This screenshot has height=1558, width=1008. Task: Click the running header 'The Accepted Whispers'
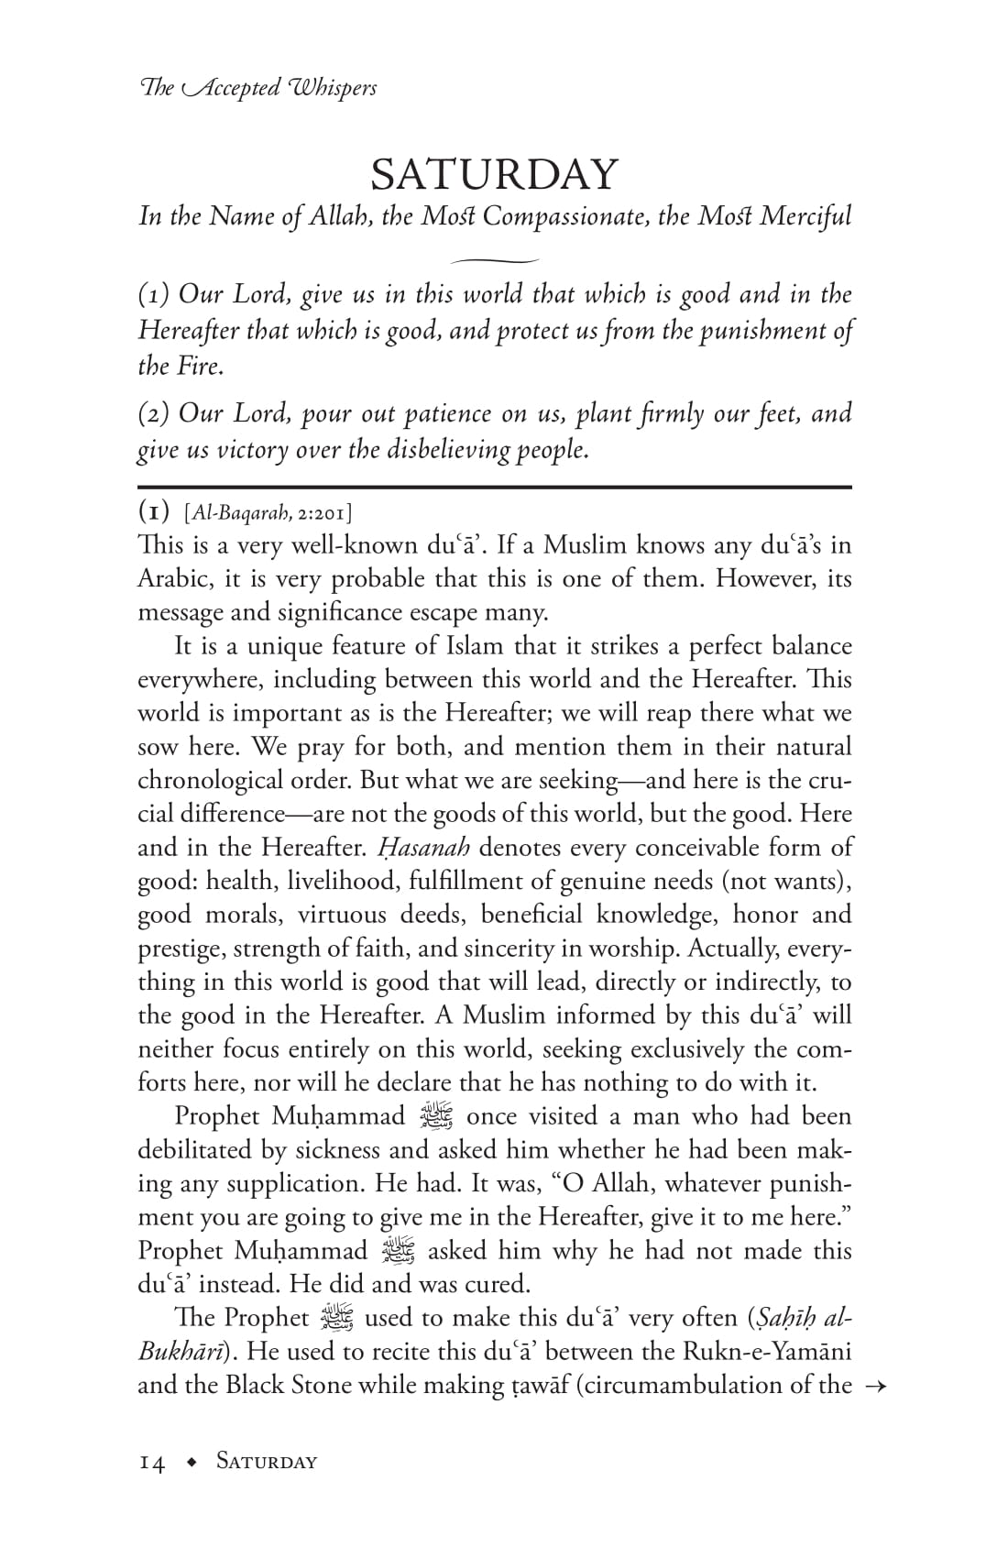(x=257, y=88)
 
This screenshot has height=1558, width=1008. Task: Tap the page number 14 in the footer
(x=152, y=1462)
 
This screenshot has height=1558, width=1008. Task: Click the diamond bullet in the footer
(x=191, y=1463)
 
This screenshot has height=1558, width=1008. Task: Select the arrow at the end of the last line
(x=872, y=1386)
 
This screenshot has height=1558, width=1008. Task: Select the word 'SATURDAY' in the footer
(x=267, y=1462)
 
